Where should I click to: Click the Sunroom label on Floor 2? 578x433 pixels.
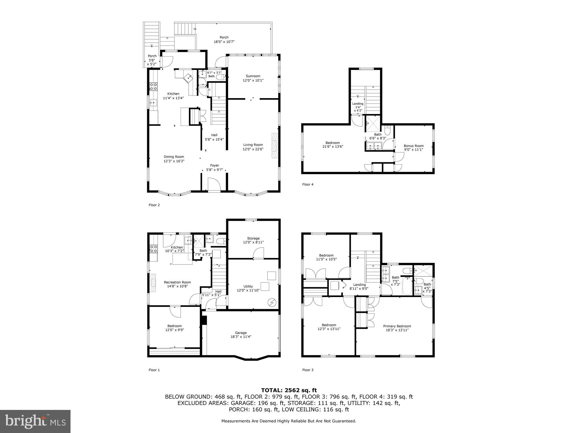253,76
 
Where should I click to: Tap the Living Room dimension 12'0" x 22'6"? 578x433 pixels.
253,149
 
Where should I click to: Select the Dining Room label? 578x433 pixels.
174,157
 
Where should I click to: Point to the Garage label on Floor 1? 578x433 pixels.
241,333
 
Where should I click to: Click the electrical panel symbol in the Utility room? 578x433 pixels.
272,303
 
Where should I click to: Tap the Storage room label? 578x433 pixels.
253,238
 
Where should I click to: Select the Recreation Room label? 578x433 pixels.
177,282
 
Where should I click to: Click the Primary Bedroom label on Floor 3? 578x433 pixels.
397,326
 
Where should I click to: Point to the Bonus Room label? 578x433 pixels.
414,146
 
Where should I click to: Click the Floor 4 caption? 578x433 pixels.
308,184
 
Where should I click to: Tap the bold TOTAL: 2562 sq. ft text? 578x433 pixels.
289,390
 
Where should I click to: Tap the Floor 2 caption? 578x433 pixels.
154,205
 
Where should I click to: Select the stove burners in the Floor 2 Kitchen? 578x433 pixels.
153,86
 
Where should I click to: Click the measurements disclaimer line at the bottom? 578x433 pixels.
289,421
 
